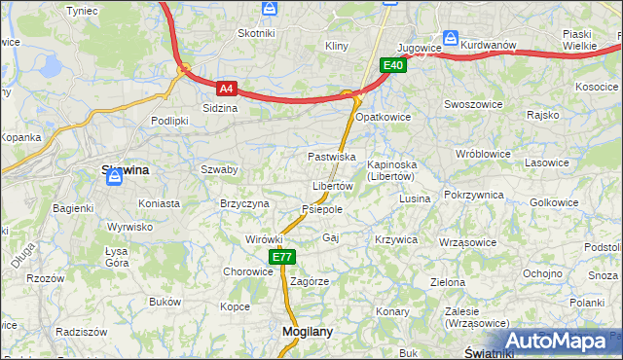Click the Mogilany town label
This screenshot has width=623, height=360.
307,331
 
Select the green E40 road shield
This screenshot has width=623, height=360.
392,65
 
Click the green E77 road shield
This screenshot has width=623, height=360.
282,257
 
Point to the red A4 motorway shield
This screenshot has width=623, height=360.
226,88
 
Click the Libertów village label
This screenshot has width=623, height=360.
332,186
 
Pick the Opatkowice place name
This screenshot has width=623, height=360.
384,117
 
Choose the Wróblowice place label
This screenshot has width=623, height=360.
483,154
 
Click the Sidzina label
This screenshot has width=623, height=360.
219,108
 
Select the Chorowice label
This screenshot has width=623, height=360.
248,271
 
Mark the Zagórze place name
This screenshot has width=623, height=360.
310,280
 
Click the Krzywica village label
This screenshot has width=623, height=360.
395,238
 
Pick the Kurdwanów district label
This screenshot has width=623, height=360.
488,45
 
